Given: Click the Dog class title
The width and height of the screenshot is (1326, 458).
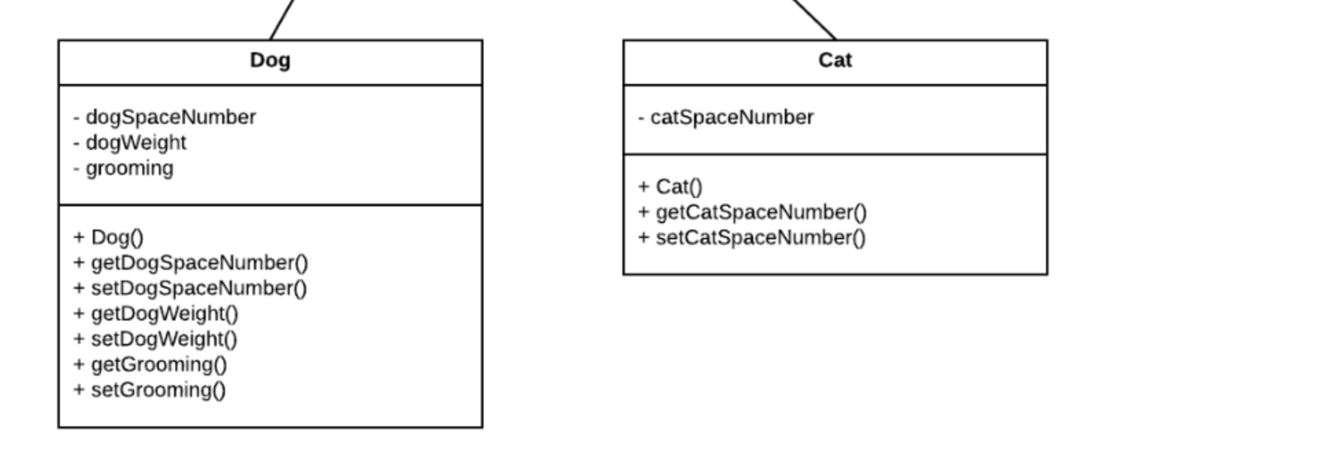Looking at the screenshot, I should [270, 61].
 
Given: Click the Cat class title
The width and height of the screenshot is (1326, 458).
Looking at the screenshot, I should [835, 61].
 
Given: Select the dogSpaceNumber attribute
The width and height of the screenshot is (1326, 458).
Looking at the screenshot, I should [171, 118].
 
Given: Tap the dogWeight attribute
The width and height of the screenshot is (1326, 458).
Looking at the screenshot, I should [135, 143].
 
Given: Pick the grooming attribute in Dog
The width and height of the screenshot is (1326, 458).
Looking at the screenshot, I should [129, 168].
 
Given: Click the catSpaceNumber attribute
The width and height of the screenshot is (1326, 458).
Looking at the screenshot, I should [732, 118].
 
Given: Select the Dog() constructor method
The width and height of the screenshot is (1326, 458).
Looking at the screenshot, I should [117, 237].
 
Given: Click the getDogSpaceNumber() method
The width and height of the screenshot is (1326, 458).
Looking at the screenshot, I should [199, 263].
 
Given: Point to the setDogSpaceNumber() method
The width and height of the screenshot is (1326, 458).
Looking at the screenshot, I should [199, 288].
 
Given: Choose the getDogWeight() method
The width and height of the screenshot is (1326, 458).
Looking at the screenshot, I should [164, 314].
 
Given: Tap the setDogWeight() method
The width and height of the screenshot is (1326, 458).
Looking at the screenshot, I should [164, 339].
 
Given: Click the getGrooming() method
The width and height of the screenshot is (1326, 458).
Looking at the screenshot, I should [159, 364].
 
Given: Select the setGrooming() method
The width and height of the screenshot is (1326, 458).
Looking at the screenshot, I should [158, 390].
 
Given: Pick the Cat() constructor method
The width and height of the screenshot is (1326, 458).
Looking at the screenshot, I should [679, 187].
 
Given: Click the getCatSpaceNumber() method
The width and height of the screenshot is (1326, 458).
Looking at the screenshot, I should [761, 212].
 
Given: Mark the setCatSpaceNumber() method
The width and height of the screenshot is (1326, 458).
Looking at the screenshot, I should [761, 238].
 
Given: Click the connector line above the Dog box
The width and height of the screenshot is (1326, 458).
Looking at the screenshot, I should [283, 19].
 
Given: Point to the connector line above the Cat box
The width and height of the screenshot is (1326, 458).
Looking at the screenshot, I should [815, 19].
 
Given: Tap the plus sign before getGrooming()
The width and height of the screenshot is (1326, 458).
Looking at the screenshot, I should [79, 364].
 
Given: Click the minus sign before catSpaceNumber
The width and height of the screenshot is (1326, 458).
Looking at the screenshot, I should [641, 118].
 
